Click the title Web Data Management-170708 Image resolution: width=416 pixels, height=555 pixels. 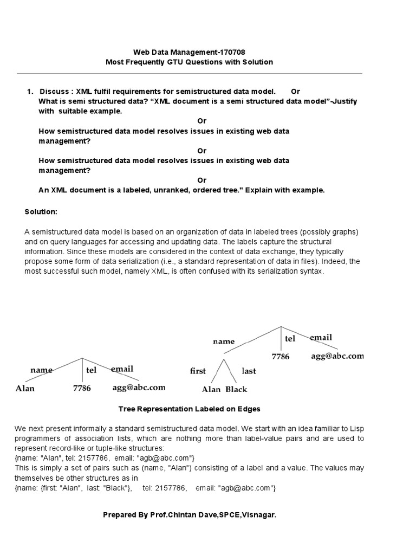point(189,51)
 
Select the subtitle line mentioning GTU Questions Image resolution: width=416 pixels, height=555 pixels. point(189,62)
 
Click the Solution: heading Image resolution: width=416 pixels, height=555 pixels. point(41,211)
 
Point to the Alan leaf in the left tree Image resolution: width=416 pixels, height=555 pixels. point(25,388)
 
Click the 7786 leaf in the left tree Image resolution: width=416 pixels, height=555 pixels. point(82,388)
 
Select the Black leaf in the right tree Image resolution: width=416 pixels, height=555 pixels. point(236,389)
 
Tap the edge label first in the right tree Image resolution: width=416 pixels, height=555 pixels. point(198,371)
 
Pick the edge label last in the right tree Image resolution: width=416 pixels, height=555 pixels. point(249,371)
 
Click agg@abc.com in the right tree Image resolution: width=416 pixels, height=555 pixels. point(337,356)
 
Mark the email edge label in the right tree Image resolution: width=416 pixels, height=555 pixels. point(321,338)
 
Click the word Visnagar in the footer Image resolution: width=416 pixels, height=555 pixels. point(259,515)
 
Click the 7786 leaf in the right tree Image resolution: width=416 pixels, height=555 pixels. point(281,357)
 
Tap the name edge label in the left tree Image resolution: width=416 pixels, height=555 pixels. point(42,370)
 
